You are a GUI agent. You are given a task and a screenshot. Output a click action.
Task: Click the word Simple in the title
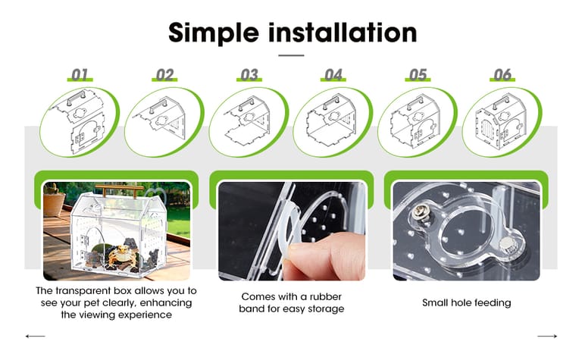214,33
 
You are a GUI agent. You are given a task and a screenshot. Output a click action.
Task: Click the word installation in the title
343,33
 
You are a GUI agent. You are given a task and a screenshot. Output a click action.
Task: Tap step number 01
80,74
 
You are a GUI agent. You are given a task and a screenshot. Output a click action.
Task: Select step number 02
164,74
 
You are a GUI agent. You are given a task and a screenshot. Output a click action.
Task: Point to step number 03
249,74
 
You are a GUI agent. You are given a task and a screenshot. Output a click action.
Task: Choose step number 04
333,74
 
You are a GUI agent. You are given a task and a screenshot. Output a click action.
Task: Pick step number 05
418,74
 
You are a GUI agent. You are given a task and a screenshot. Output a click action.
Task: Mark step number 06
502,74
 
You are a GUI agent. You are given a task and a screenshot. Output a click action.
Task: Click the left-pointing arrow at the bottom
36,337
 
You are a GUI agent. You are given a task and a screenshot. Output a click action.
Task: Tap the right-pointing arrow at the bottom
547,337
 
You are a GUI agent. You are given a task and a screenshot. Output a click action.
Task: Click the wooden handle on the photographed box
120,189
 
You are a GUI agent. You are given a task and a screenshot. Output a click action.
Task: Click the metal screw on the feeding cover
420,214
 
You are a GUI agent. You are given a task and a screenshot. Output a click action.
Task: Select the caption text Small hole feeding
467,303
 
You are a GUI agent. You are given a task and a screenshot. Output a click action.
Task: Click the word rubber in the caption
326,296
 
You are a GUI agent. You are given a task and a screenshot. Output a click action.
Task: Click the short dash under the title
291,55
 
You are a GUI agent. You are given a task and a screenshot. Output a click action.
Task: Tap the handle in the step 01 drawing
77,98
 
